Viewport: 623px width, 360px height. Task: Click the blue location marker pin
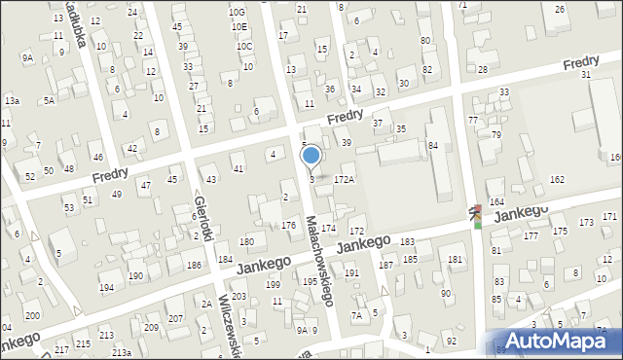click(311, 156)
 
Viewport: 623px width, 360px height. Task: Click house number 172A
click(344, 180)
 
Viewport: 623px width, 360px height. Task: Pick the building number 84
click(432, 145)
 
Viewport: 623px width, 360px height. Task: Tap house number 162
click(557, 180)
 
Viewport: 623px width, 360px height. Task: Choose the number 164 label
click(496, 201)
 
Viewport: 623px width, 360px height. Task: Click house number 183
click(407, 241)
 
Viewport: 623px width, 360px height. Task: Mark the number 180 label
click(246, 241)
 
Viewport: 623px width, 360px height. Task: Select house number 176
click(288, 226)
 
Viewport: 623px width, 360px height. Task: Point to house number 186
click(194, 265)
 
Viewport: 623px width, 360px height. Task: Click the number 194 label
click(106, 288)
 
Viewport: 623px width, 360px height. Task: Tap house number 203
click(238, 296)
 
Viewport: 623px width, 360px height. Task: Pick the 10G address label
click(237, 12)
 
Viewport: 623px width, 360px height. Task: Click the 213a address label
click(121, 351)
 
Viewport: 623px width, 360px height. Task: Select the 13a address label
click(12, 100)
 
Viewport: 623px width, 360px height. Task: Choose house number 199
click(274, 285)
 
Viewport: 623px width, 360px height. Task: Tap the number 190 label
click(135, 276)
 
